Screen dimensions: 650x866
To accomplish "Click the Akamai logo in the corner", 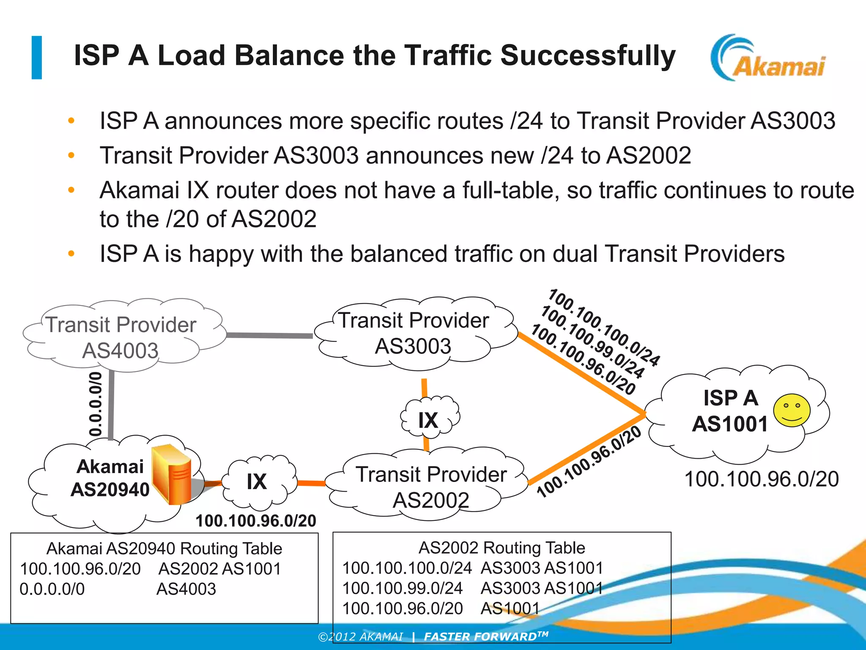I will point(767,58).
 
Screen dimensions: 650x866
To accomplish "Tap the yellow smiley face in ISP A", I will point(792,410).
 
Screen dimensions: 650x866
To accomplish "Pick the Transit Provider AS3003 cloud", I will point(413,333).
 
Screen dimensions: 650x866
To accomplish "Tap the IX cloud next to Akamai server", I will point(257,482).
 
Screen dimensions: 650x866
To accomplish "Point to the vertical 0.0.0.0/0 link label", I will point(96,404).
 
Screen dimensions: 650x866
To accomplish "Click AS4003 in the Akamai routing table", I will point(186,589).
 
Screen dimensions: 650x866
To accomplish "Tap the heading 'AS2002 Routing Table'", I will point(502,548).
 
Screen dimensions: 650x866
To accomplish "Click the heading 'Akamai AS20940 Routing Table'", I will point(164,548).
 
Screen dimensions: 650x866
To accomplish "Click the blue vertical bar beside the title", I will point(37,58).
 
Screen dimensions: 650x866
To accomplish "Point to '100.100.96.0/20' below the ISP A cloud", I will point(761,479).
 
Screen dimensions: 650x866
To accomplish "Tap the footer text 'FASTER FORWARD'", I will point(482,636).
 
